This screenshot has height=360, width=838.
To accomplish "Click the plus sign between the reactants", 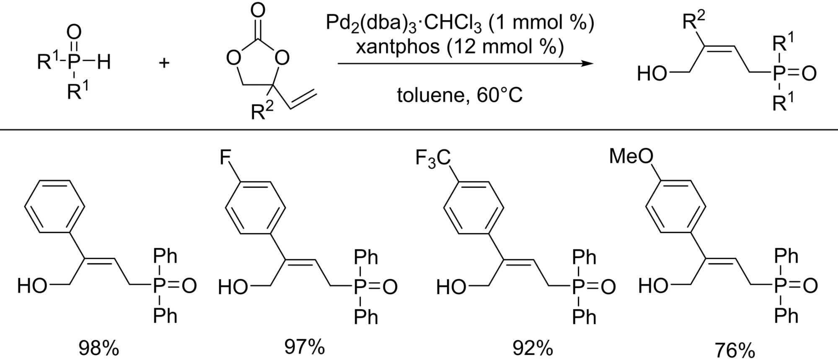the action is point(164,63).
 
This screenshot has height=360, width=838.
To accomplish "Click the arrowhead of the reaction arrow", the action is point(589,64).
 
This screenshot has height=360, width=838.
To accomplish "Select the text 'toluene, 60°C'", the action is point(460,96).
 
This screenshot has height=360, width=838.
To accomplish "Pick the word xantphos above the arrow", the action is point(397,47).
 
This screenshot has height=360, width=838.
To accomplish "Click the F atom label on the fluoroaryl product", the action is point(225,158).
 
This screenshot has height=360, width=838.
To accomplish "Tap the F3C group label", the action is point(433,159).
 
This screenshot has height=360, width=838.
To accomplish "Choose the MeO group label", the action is point(631,156).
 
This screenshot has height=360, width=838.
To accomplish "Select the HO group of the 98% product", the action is point(32,286).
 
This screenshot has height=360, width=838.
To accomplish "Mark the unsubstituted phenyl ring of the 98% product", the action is point(55,206).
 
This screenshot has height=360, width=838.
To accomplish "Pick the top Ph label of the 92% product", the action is point(584,256).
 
